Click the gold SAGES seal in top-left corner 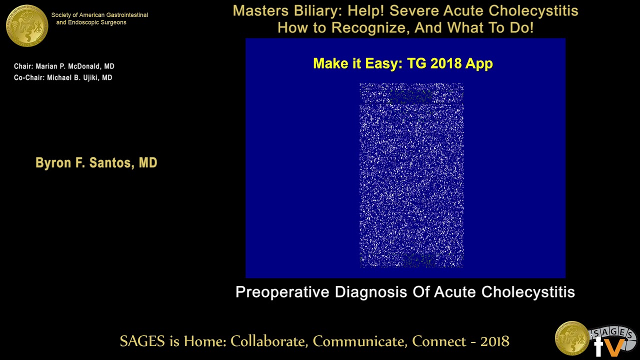click(27, 25)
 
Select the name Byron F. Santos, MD click(96, 163)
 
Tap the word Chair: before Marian click(23, 66)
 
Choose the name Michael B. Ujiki click(74, 78)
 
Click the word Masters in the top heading click(260, 11)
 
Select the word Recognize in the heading click(373, 28)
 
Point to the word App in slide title click(479, 63)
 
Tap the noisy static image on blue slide click(411, 175)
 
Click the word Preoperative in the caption click(282, 292)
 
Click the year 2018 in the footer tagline click(494, 341)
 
